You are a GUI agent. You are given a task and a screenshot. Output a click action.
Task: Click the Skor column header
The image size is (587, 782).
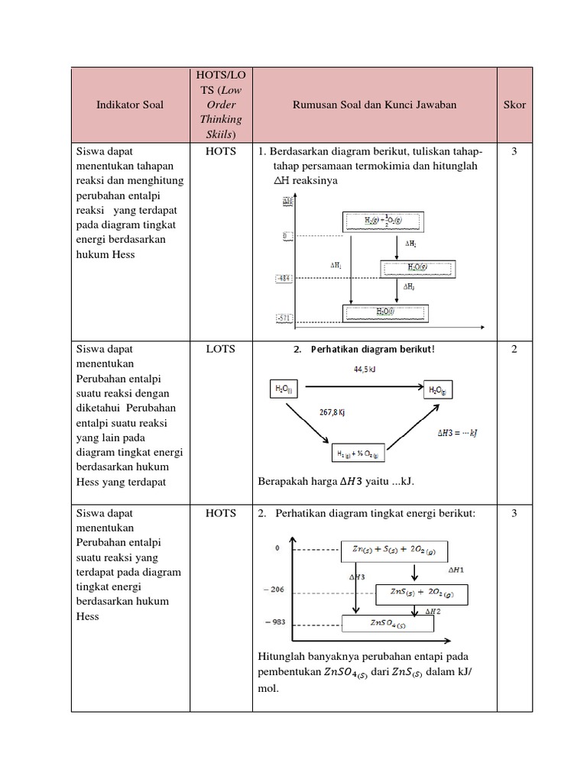click(514, 105)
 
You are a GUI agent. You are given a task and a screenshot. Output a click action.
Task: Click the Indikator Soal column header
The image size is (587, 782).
click(130, 105)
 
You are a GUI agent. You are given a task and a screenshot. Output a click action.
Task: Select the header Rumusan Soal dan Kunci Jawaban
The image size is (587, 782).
click(375, 105)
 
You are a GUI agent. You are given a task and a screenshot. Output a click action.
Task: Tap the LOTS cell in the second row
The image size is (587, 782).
click(220, 349)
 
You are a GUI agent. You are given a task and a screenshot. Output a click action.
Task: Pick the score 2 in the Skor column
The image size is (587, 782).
click(514, 349)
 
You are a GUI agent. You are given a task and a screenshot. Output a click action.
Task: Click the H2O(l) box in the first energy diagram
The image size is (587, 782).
click(386, 312)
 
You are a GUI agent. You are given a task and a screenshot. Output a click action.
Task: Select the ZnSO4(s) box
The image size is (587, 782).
click(388, 624)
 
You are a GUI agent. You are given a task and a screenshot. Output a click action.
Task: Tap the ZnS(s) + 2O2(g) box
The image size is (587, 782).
click(421, 594)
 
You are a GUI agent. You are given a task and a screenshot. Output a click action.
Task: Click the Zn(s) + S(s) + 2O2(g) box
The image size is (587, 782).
click(393, 551)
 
